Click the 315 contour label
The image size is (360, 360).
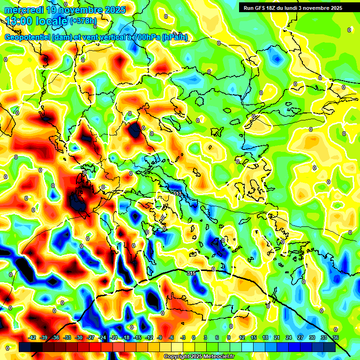pyautogui.click(x=191, y=273)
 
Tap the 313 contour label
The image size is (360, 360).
pyautogui.click(x=177, y=193)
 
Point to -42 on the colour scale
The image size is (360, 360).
pyautogui.click(x=32, y=337)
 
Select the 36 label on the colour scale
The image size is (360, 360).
pyautogui.click(x=335, y=337)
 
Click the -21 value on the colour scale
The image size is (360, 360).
pyautogui.click(x=113, y=337)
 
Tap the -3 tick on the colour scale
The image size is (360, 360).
pyautogui.click(x=183, y=337)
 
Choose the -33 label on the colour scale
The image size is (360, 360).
pyautogui.click(x=67, y=337)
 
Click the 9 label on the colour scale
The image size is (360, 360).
pyautogui.click(x=229, y=337)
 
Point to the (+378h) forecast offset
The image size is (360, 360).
pyautogui.click(x=83, y=21)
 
